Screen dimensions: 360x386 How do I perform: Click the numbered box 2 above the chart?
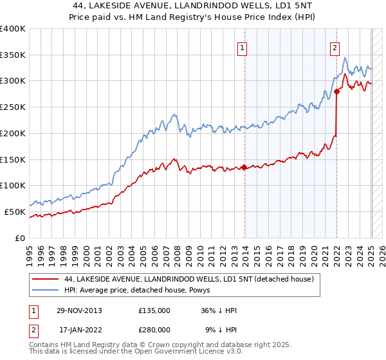tap(335, 47)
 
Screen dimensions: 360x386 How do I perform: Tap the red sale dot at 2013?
tap(244, 168)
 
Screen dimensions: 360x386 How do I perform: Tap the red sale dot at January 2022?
tap(336, 91)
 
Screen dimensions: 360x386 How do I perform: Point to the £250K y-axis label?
tap(13, 107)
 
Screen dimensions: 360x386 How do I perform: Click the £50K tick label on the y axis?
tap(15, 212)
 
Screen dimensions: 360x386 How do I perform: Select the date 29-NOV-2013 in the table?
tap(80, 310)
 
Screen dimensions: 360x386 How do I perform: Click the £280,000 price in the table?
tap(154, 328)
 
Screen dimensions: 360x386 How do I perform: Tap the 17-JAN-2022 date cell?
tap(80, 328)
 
